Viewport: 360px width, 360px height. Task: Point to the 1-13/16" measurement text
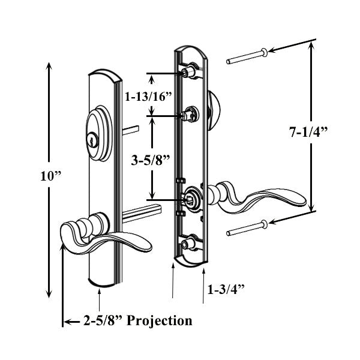[148, 97]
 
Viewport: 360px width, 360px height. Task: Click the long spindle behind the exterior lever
[144, 209]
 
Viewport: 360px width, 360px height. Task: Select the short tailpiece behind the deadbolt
[131, 129]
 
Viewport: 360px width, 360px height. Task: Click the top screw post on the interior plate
[190, 73]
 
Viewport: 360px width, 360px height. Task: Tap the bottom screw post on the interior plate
[190, 244]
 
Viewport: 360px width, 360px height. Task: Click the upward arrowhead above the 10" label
[47, 67]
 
